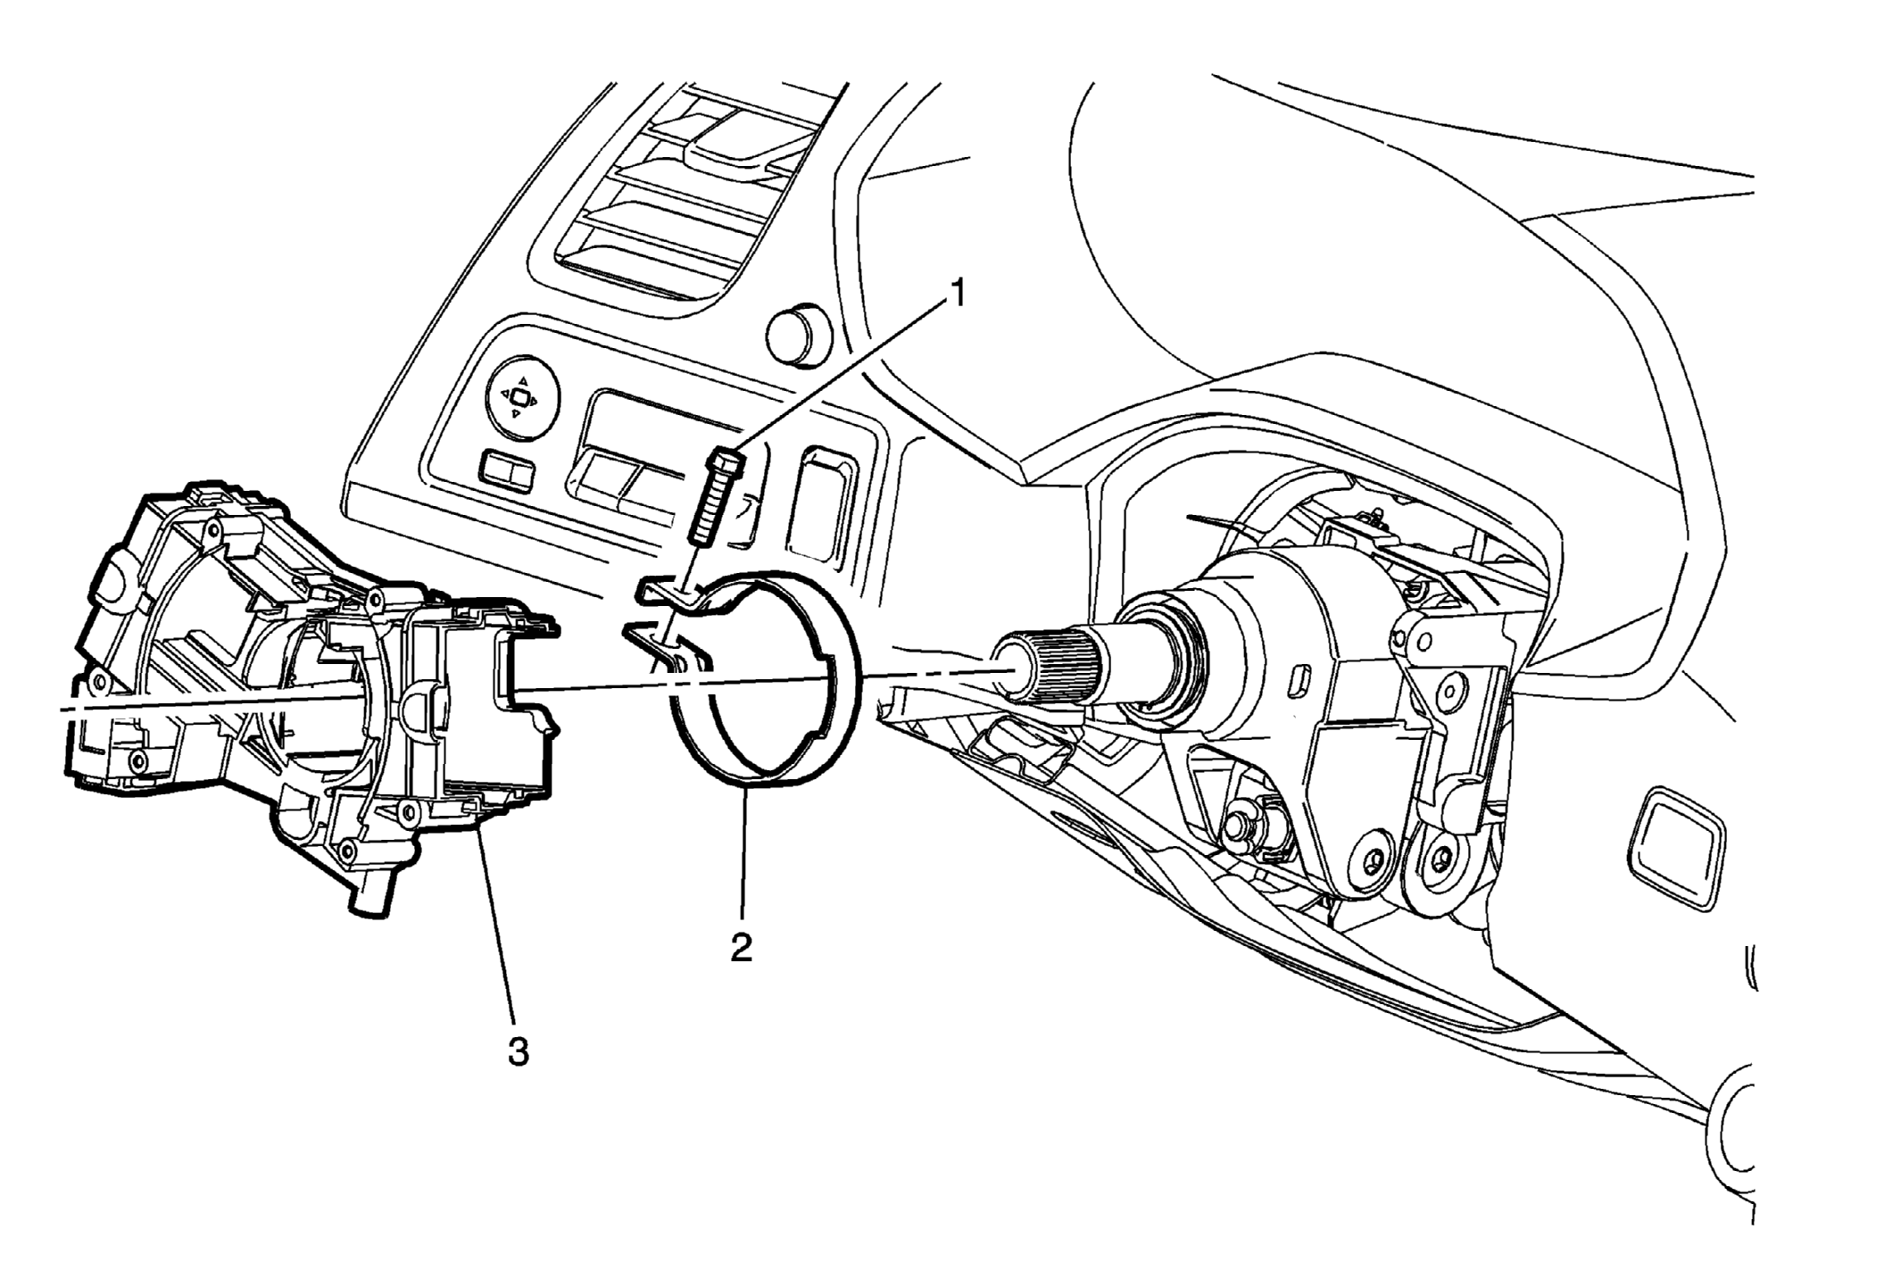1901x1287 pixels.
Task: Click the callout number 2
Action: coord(742,947)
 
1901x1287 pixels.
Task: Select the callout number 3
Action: coord(519,1051)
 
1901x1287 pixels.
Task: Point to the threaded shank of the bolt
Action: coord(710,507)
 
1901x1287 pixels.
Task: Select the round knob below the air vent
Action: coord(798,335)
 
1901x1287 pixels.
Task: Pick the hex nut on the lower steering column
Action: coord(1241,826)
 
